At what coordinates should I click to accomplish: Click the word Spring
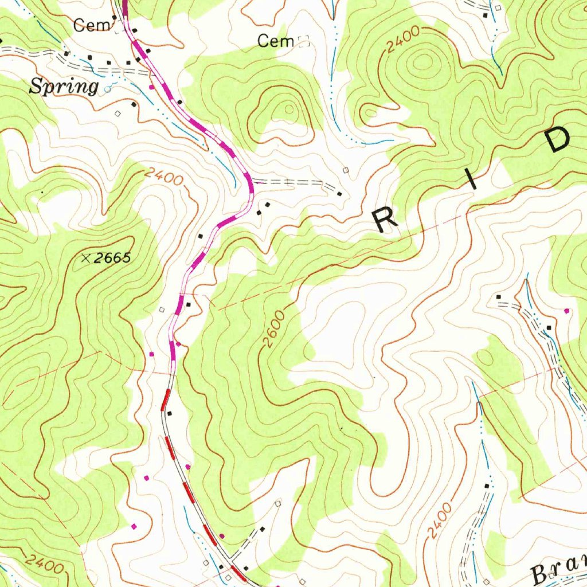click(x=64, y=87)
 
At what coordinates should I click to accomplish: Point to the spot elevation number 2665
click(x=113, y=259)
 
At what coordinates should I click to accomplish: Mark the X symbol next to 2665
click(x=85, y=259)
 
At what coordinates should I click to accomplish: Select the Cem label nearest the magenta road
click(x=87, y=25)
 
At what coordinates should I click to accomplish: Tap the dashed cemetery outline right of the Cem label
click(x=304, y=41)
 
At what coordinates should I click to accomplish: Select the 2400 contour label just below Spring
click(x=164, y=176)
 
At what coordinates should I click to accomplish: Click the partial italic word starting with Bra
click(x=559, y=570)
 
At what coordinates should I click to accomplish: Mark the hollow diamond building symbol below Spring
click(x=118, y=114)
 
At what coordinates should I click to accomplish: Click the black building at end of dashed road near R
click(x=339, y=194)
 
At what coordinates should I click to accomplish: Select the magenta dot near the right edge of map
click(x=567, y=311)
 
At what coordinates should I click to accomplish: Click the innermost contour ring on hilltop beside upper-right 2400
click(x=424, y=60)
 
